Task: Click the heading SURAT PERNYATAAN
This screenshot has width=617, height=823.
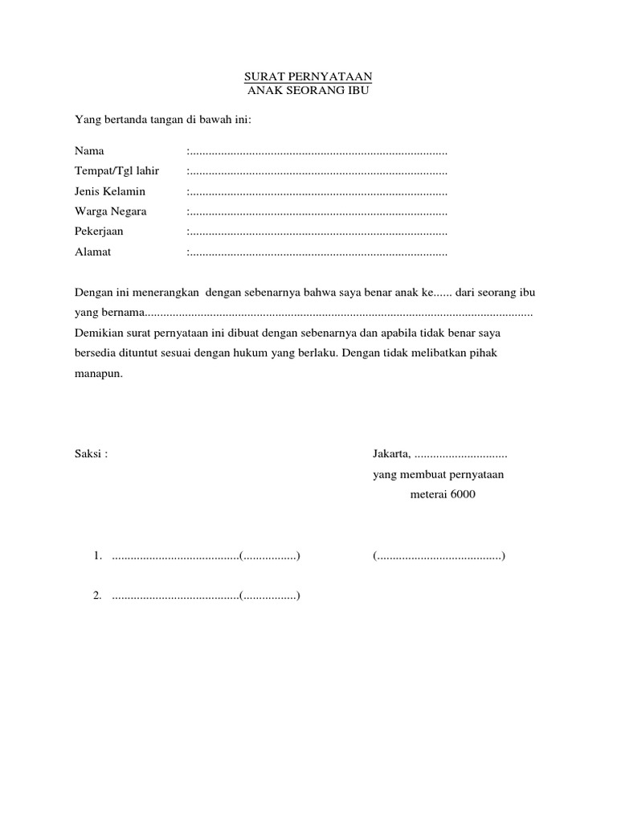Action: tap(308, 77)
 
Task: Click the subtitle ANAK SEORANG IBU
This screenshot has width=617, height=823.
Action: tap(308, 90)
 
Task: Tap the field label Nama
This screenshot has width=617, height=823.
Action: tap(89, 151)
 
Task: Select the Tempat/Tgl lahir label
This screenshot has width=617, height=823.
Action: tap(116, 171)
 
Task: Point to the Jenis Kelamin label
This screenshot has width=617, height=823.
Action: tap(110, 191)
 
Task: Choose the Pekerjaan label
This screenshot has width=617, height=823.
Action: tap(100, 231)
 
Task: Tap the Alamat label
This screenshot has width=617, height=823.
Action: tap(93, 252)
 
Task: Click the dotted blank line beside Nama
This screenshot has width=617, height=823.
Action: tap(317, 151)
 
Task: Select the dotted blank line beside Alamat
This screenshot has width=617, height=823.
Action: tap(317, 252)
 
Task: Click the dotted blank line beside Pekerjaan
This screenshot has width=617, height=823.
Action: tap(317, 231)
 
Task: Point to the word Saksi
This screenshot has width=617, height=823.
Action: tap(88, 453)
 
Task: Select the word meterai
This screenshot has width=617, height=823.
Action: tap(428, 494)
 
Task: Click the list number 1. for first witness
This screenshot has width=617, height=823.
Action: tap(97, 555)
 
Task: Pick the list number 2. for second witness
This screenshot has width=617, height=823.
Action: tap(97, 596)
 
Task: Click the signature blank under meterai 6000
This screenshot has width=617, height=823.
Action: tap(439, 555)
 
